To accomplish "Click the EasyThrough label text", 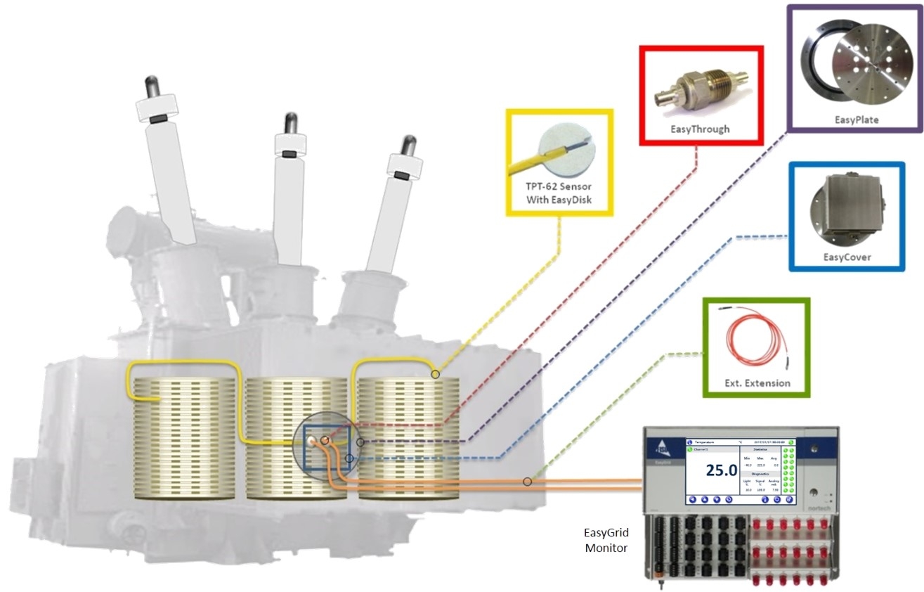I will tap(701, 129).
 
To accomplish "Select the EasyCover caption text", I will tap(847, 257).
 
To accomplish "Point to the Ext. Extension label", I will tap(757, 383).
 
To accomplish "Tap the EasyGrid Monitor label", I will tap(605, 539).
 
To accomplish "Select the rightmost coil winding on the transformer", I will tap(408, 439).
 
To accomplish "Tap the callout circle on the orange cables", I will tap(527, 482).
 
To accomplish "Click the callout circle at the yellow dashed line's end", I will tap(436, 374).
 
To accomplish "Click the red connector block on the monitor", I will tap(793, 548).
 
